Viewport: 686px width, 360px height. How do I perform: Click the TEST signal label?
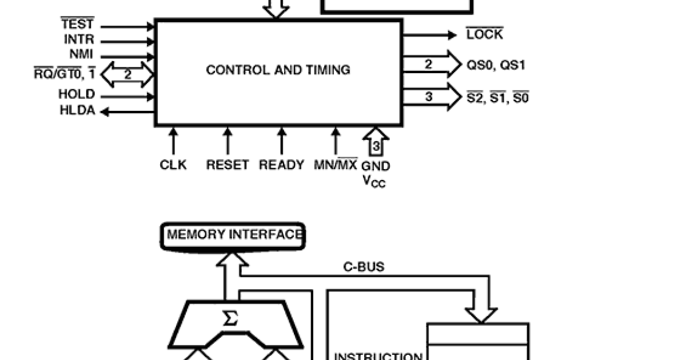(77, 25)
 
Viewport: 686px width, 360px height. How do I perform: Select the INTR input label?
(79, 41)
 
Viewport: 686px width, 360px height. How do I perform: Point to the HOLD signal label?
(77, 95)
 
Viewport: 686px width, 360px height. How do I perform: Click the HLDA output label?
(77, 111)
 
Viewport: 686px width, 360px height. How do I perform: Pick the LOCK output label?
(485, 35)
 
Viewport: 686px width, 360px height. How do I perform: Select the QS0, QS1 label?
(496, 65)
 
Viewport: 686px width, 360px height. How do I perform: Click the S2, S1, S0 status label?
(497, 98)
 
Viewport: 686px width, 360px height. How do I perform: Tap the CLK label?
(173, 165)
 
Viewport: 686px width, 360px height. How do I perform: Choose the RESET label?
(228, 165)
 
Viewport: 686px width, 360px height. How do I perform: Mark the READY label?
(281, 165)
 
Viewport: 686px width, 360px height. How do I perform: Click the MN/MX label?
(336, 165)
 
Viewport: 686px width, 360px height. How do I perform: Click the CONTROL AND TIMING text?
(278, 70)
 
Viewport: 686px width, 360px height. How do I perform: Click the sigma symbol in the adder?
(230, 319)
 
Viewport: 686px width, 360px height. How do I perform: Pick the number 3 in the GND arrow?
(376, 147)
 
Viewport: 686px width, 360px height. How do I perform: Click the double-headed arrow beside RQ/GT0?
(129, 75)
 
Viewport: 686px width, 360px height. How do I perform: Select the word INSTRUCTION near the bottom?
(378, 357)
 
